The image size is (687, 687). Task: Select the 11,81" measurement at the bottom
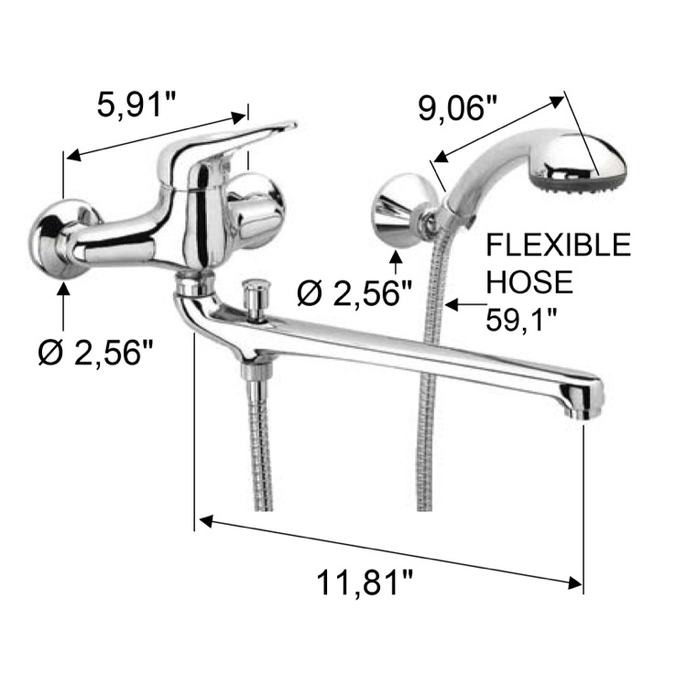coord(364,583)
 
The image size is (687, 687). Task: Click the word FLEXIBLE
coord(558,245)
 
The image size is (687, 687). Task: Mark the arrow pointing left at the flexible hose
coord(463,300)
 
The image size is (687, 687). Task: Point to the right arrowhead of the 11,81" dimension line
coord(574,580)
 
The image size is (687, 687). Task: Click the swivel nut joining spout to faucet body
coord(193,285)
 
